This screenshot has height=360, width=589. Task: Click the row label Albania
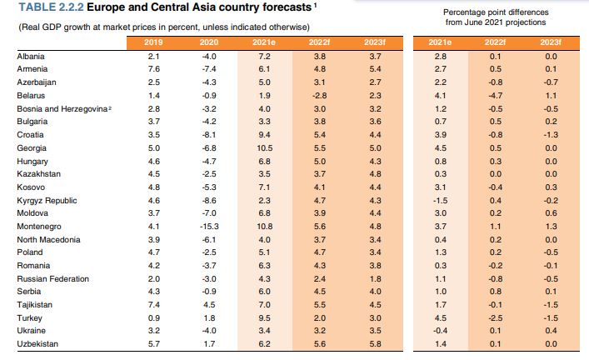click(31, 55)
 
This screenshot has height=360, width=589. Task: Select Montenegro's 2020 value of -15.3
click(208, 227)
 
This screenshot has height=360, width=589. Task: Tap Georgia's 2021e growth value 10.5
click(265, 147)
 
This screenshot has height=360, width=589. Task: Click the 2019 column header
click(153, 41)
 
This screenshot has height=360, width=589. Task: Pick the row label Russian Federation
click(53, 279)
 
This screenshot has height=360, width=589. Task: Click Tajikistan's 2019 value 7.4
click(152, 306)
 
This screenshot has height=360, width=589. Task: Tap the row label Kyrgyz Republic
click(47, 200)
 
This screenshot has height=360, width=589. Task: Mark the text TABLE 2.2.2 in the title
click(49, 8)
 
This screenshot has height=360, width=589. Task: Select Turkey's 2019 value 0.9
click(152, 318)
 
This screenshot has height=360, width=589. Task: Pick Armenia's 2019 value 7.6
click(152, 68)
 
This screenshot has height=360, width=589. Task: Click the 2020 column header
click(208, 41)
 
